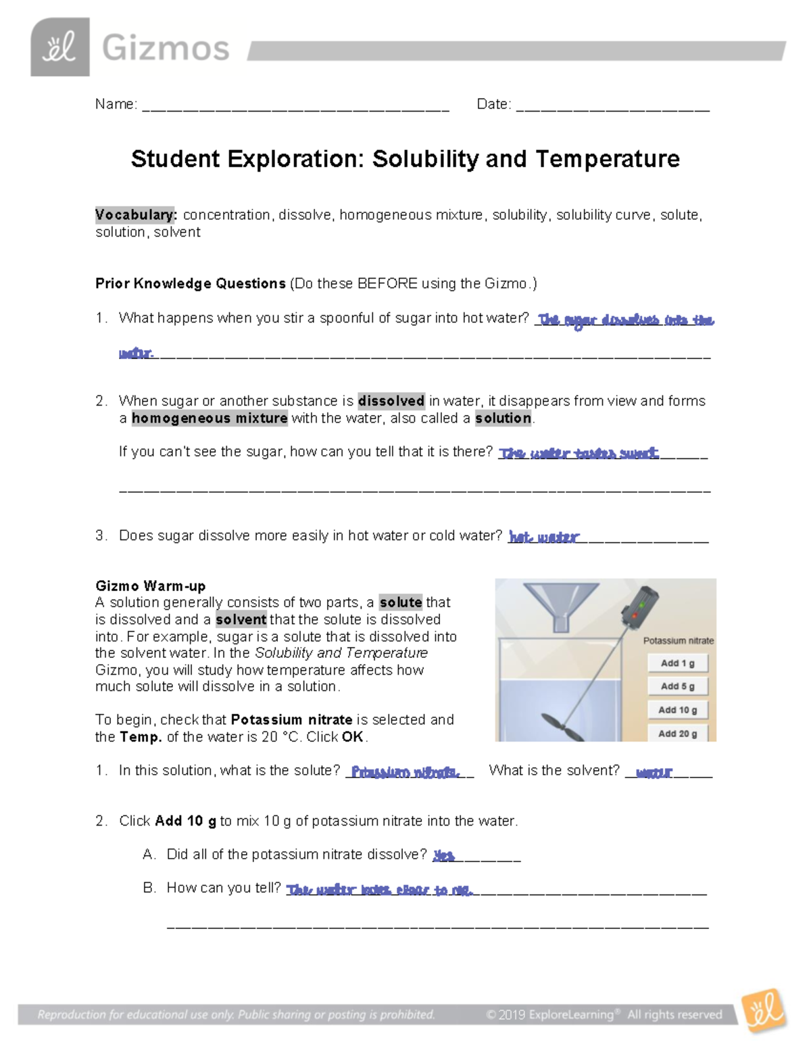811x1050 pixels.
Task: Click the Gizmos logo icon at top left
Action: tap(59, 47)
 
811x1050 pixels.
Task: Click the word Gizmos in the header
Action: tap(166, 49)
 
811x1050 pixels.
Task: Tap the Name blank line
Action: tap(295, 107)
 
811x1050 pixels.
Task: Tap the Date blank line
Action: tap(612, 107)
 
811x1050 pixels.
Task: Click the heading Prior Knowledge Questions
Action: tap(190, 283)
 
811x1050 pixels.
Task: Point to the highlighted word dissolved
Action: tap(391, 401)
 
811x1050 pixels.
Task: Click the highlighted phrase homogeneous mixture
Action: tap(210, 419)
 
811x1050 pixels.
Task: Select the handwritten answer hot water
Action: tap(544, 538)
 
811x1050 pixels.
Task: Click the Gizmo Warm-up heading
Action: tap(150, 586)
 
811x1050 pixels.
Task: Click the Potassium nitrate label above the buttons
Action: tap(678, 640)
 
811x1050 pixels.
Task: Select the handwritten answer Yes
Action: tap(443, 856)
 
